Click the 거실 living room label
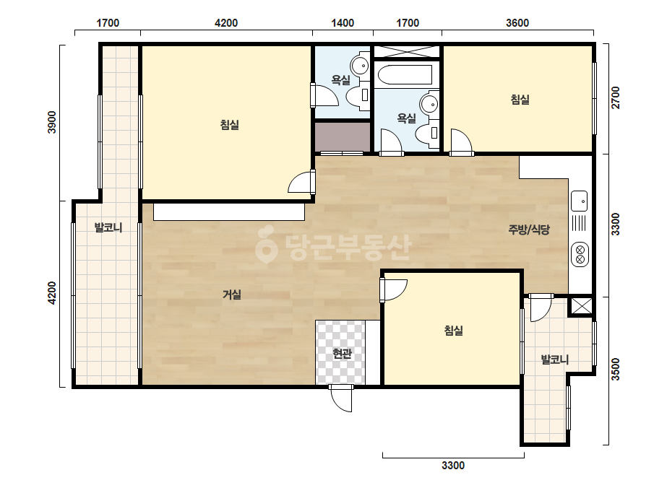pyautogui.click(x=232, y=294)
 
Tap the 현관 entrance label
pyautogui.click(x=342, y=353)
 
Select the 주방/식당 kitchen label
pyautogui.click(x=529, y=230)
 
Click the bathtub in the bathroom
pyautogui.click(x=405, y=75)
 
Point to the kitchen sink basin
pyautogui.click(x=579, y=201)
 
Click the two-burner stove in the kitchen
pyautogui.click(x=580, y=254)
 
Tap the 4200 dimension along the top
pyautogui.click(x=226, y=23)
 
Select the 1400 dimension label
pyautogui.click(x=343, y=23)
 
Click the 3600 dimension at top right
pyautogui.click(x=517, y=23)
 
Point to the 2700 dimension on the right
pyautogui.click(x=616, y=97)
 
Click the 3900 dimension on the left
pyautogui.click(x=51, y=122)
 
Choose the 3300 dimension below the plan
pyautogui.click(x=453, y=466)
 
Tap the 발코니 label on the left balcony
pyautogui.click(x=108, y=227)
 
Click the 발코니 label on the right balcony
pyautogui.click(x=554, y=360)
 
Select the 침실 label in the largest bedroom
pyautogui.click(x=229, y=125)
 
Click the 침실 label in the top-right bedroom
pyautogui.click(x=520, y=100)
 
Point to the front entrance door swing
pyautogui.click(x=341, y=398)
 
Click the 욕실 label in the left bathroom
pyautogui.click(x=341, y=79)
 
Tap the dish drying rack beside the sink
pyautogui.click(x=579, y=224)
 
